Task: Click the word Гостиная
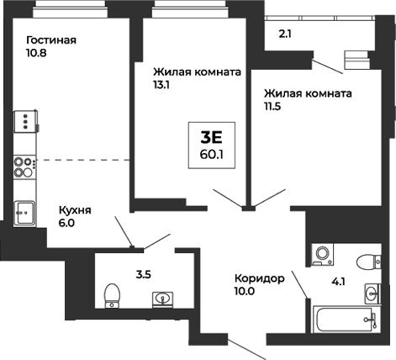coord(51,40)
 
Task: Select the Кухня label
coord(75,210)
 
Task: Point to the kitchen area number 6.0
coord(66,224)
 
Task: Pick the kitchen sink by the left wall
coord(24,210)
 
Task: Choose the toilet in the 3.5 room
coord(109,296)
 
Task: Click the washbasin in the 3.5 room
coord(161,298)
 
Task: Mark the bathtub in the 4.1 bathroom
coord(345,320)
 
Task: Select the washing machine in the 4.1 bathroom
coord(320,254)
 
